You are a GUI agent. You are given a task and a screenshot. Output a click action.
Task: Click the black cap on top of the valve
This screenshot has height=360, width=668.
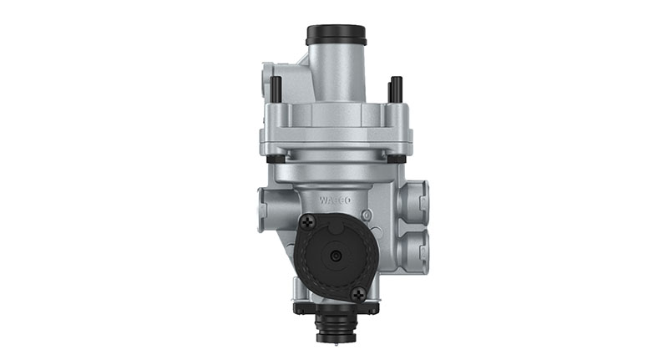[336, 35]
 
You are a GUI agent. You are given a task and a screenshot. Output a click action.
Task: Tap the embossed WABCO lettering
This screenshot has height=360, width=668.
[336, 200]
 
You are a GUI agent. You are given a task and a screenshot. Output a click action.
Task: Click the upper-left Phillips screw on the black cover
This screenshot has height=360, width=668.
[308, 222]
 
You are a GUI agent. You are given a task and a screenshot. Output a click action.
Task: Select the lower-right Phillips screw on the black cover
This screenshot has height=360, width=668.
[358, 294]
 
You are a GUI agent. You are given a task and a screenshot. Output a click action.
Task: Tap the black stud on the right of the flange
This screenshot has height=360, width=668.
[395, 88]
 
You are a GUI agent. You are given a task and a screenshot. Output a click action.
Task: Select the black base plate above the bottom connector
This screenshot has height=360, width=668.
[334, 307]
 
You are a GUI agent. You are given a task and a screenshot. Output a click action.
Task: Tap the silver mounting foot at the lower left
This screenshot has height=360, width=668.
[298, 288]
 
